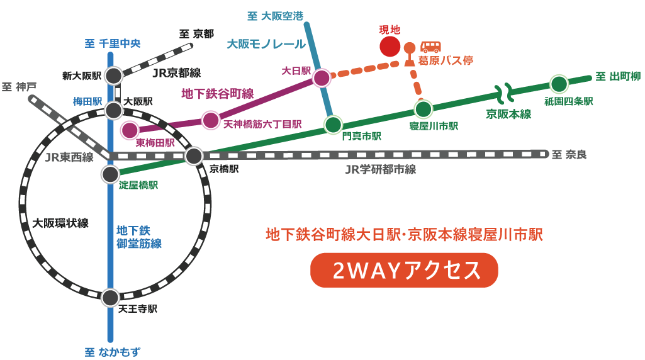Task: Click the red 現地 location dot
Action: [x=390, y=46]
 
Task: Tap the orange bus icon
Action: [x=431, y=47]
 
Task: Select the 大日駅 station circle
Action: [x=322, y=78]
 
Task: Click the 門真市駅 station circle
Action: [x=333, y=125]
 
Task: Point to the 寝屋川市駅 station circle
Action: [x=423, y=110]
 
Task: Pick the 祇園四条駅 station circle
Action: [x=559, y=84]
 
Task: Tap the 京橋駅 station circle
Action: [x=194, y=155]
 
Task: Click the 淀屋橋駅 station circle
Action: [x=110, y=174]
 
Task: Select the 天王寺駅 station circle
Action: [x=110, y=297]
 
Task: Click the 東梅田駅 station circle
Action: [x=130, y=130]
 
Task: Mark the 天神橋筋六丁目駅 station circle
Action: [x=211, y=120]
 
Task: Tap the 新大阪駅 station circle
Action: [x=113, y=76]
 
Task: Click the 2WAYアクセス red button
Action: [x=404, y=270]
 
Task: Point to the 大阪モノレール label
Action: [x=266, y=44]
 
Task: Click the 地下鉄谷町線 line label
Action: [x=217, y=94]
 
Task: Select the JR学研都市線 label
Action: [x=380, y=169]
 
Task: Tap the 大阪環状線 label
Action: [x=60, y=223]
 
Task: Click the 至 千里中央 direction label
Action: [x=113, y=43]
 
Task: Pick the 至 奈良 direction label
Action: [x=569, y=154]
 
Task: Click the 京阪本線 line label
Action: [x=508, y=114]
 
